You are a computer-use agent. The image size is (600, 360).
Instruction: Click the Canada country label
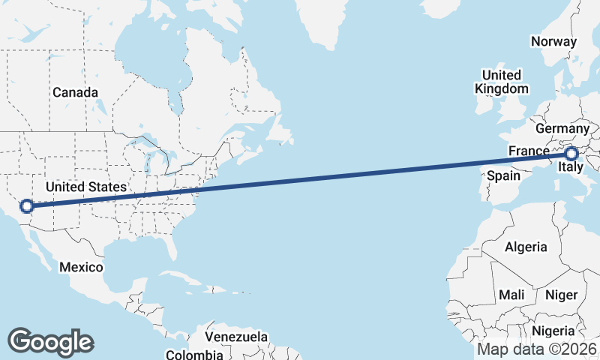[75, 92]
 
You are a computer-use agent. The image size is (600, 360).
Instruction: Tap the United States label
[85, 186]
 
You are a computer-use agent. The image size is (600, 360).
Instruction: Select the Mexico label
[80, 267]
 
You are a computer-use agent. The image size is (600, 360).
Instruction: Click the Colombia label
[194, 354]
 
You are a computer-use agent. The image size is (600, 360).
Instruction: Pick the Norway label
[553, 42]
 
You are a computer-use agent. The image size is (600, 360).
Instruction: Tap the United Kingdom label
[501, 82]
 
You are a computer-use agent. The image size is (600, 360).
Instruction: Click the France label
[529, 151]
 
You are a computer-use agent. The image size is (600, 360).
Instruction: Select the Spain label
[504, 175]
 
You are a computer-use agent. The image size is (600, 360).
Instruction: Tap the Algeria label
[526, 247]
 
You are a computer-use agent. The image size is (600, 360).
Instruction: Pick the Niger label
[561, 295]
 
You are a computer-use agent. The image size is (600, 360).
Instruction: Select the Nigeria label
[553, 331]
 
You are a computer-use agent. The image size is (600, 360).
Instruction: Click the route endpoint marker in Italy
[571, 154]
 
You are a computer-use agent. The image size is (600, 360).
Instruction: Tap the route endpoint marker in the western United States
[26, 205]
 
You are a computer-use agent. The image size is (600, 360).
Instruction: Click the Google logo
[50, 341]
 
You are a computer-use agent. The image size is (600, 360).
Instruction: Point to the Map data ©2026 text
[536, 349]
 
